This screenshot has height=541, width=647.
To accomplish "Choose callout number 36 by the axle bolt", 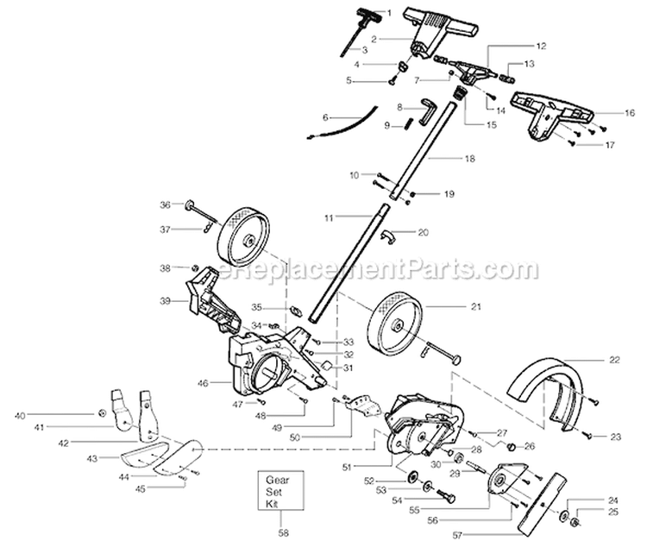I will pos(166,204).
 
